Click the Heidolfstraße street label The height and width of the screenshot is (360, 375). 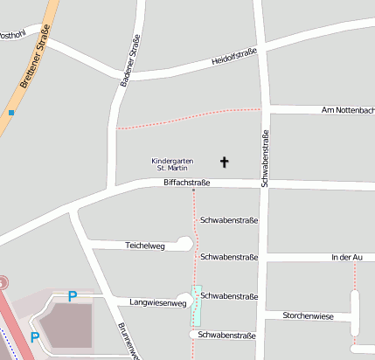234,59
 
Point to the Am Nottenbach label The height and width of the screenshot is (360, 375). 348,110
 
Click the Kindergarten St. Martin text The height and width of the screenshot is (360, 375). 172,163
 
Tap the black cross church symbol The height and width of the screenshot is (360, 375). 224,162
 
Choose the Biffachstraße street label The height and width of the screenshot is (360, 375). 187,183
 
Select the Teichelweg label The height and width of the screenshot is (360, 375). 145,246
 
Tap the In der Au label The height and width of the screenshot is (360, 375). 346,258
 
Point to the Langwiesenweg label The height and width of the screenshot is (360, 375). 157,303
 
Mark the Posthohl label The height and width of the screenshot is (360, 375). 12,35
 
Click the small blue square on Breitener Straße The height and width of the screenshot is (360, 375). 11,113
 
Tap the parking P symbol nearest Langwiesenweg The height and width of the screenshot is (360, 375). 73,296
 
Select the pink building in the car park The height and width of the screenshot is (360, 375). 64,325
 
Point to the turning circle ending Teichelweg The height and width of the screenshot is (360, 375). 184,242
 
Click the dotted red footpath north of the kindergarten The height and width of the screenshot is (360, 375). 188,118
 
